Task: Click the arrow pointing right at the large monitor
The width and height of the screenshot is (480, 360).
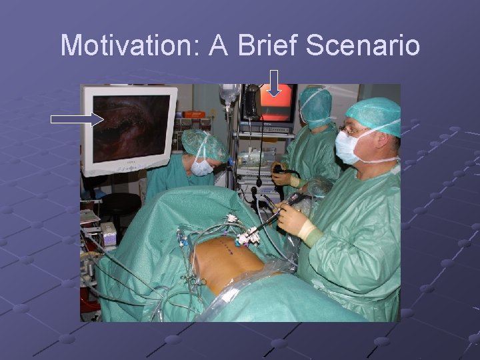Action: (77, 119)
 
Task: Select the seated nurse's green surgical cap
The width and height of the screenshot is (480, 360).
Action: (203, 144)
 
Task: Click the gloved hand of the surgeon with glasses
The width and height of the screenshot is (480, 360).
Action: (292, 217)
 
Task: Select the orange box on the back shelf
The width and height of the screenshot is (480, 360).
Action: (194, 114)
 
